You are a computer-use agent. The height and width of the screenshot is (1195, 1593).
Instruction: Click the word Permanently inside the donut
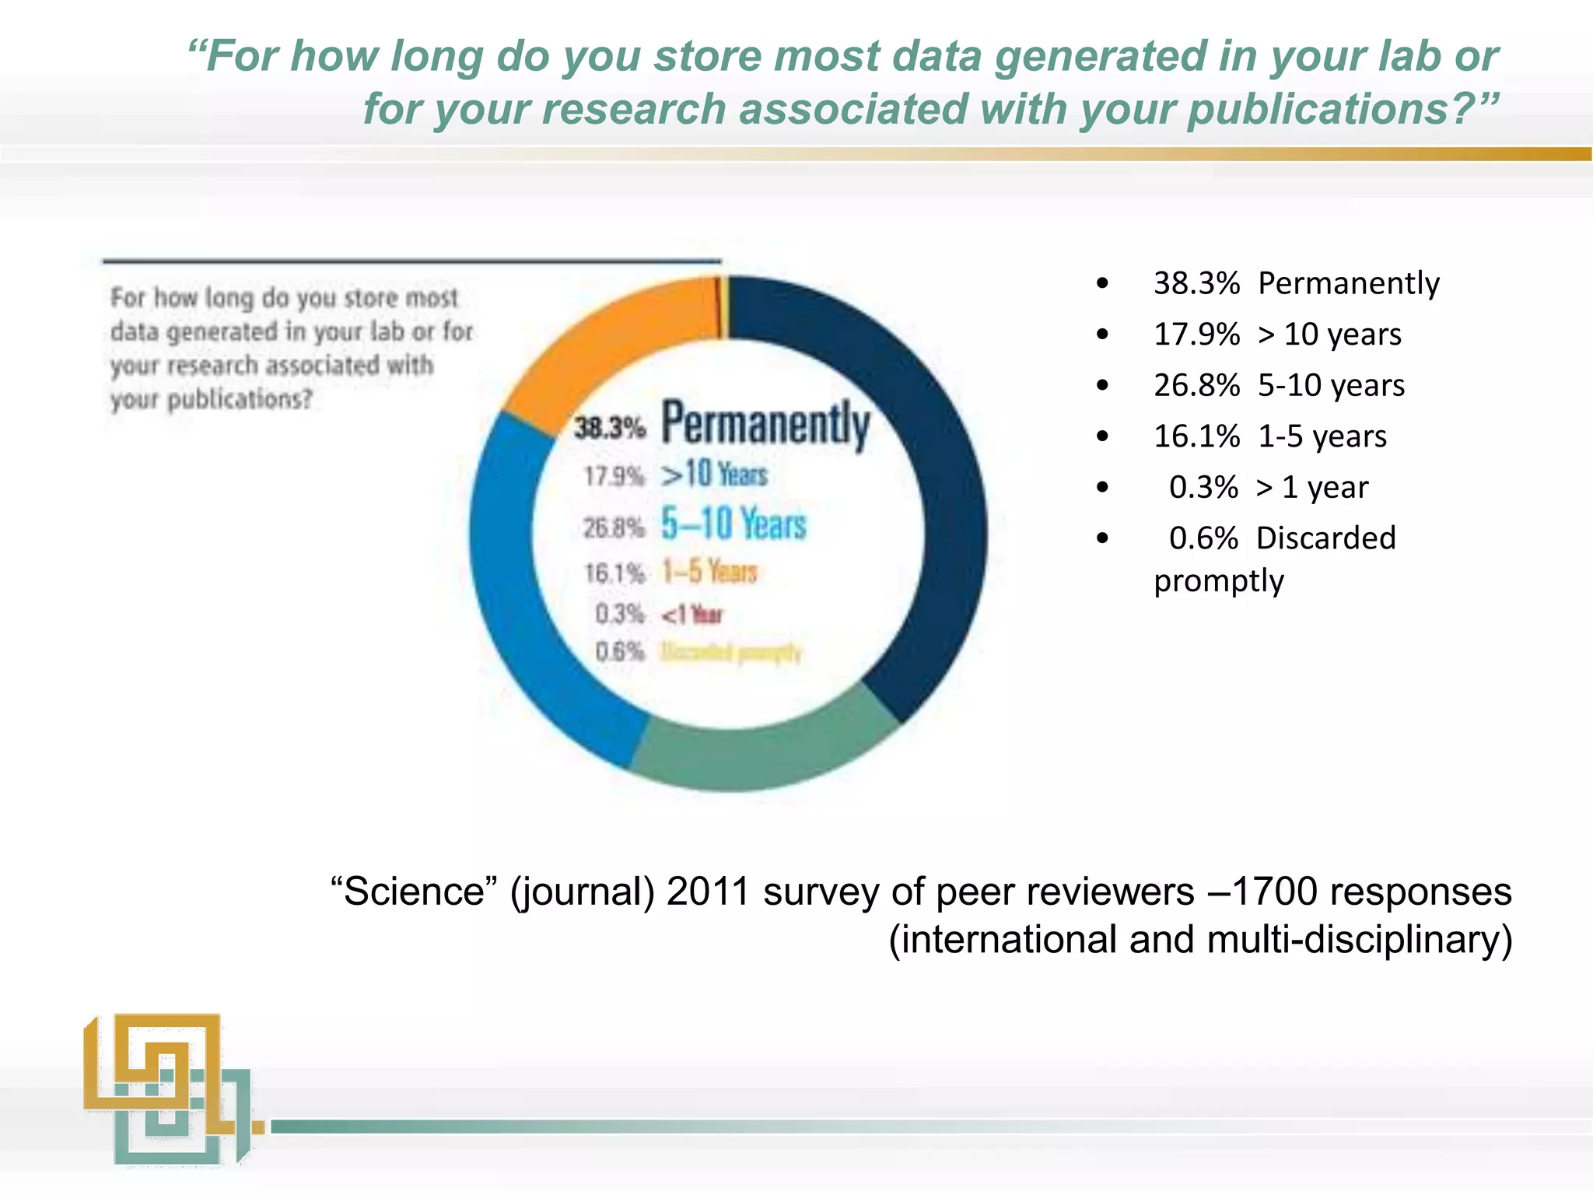[x=765, y=425]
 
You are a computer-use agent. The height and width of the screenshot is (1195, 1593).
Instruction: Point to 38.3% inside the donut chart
[x=610, y=427]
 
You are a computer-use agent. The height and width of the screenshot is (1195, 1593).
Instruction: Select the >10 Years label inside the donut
[x=714, y=474]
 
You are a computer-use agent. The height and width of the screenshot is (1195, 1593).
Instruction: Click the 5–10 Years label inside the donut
[x=733, y=524]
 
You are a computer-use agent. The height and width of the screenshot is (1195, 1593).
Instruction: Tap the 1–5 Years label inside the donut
[x=709, y=572]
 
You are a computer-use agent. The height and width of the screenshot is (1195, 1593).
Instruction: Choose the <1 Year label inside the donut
[x=692, y=615]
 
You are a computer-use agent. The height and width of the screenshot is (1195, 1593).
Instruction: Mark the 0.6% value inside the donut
[x=620, y=651]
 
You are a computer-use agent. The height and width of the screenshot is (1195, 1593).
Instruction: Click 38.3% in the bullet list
[x=1196, y=283]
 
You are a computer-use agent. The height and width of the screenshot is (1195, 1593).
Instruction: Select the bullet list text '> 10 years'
[x=1330, y=335]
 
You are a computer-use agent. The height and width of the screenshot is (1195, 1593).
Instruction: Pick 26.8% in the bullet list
[x=1196, y=385]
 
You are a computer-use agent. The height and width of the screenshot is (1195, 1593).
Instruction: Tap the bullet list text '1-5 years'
[x=1322, y=436]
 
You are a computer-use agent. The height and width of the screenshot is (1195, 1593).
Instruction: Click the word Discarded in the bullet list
[x=1326, y=538]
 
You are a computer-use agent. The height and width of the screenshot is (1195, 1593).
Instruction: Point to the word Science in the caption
[x=414, y=892]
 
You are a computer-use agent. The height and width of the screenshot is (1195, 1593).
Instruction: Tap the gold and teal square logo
[x=166, y=1089]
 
